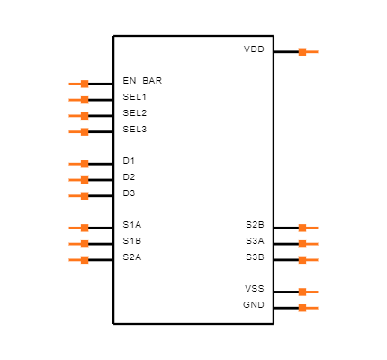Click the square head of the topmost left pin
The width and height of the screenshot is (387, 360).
coord(85,84)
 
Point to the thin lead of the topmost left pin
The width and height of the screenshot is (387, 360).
coord(74,84)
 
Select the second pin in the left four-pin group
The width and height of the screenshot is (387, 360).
coord(81,100)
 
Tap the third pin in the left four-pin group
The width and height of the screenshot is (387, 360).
coord(81,116)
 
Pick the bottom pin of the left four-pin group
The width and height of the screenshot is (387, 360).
coord(81,131)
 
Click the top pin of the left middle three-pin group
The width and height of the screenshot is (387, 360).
coord(81,164)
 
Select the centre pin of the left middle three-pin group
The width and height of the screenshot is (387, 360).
coord(81,180)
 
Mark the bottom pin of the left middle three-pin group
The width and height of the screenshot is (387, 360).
coord(81,195)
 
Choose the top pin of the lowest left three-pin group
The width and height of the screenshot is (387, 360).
coord(81,228)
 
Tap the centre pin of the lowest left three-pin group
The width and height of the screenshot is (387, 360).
coord(81,244)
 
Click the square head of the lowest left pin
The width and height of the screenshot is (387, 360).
coord(85,260)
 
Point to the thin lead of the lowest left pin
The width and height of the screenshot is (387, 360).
coord(74,260)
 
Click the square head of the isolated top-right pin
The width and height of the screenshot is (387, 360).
coord(302,52)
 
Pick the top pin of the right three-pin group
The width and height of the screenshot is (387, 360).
coord(306,228)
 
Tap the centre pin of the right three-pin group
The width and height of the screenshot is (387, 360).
coord(306,244)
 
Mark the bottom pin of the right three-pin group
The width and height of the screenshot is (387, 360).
coord(306,260)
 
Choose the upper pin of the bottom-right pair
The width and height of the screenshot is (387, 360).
coord(306,292)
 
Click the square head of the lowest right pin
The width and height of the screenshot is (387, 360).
coord(302,308)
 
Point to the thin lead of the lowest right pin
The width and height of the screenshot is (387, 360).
coord(313,308)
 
